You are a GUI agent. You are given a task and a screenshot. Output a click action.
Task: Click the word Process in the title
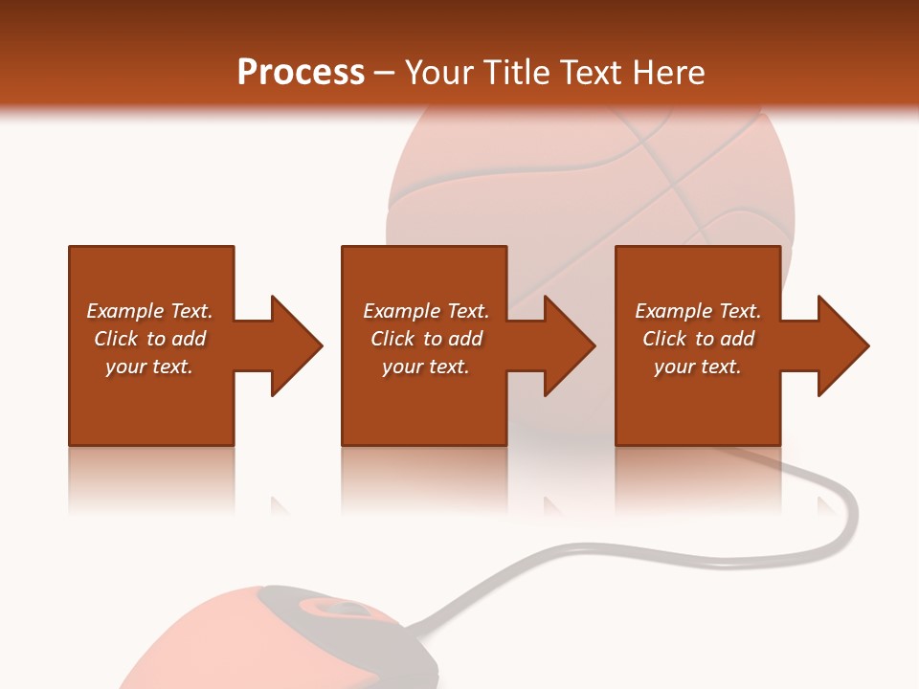coord(301,73)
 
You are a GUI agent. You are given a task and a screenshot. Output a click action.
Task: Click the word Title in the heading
coord(514,73)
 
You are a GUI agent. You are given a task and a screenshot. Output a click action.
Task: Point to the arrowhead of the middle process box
coord(569,345)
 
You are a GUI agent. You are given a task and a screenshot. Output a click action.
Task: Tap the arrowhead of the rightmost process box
coord(842,345)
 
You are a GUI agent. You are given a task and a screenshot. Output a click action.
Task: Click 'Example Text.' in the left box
coord(149,311)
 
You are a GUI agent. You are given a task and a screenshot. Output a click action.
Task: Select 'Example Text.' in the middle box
coord(426,311)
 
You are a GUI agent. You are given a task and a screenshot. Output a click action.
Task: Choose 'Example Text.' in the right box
coord(698,311)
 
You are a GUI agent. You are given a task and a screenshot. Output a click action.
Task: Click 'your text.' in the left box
coord(149,367)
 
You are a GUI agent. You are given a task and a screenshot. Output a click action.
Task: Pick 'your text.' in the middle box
coord(426,367)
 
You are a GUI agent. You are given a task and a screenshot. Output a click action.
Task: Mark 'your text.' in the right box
coord(698,367)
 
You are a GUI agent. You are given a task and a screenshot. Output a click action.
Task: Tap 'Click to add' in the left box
coord(149,339)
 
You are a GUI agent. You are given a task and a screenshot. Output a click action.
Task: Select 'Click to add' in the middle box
coord(426,339)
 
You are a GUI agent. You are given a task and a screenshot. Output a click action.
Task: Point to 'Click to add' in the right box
coord(698,339)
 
